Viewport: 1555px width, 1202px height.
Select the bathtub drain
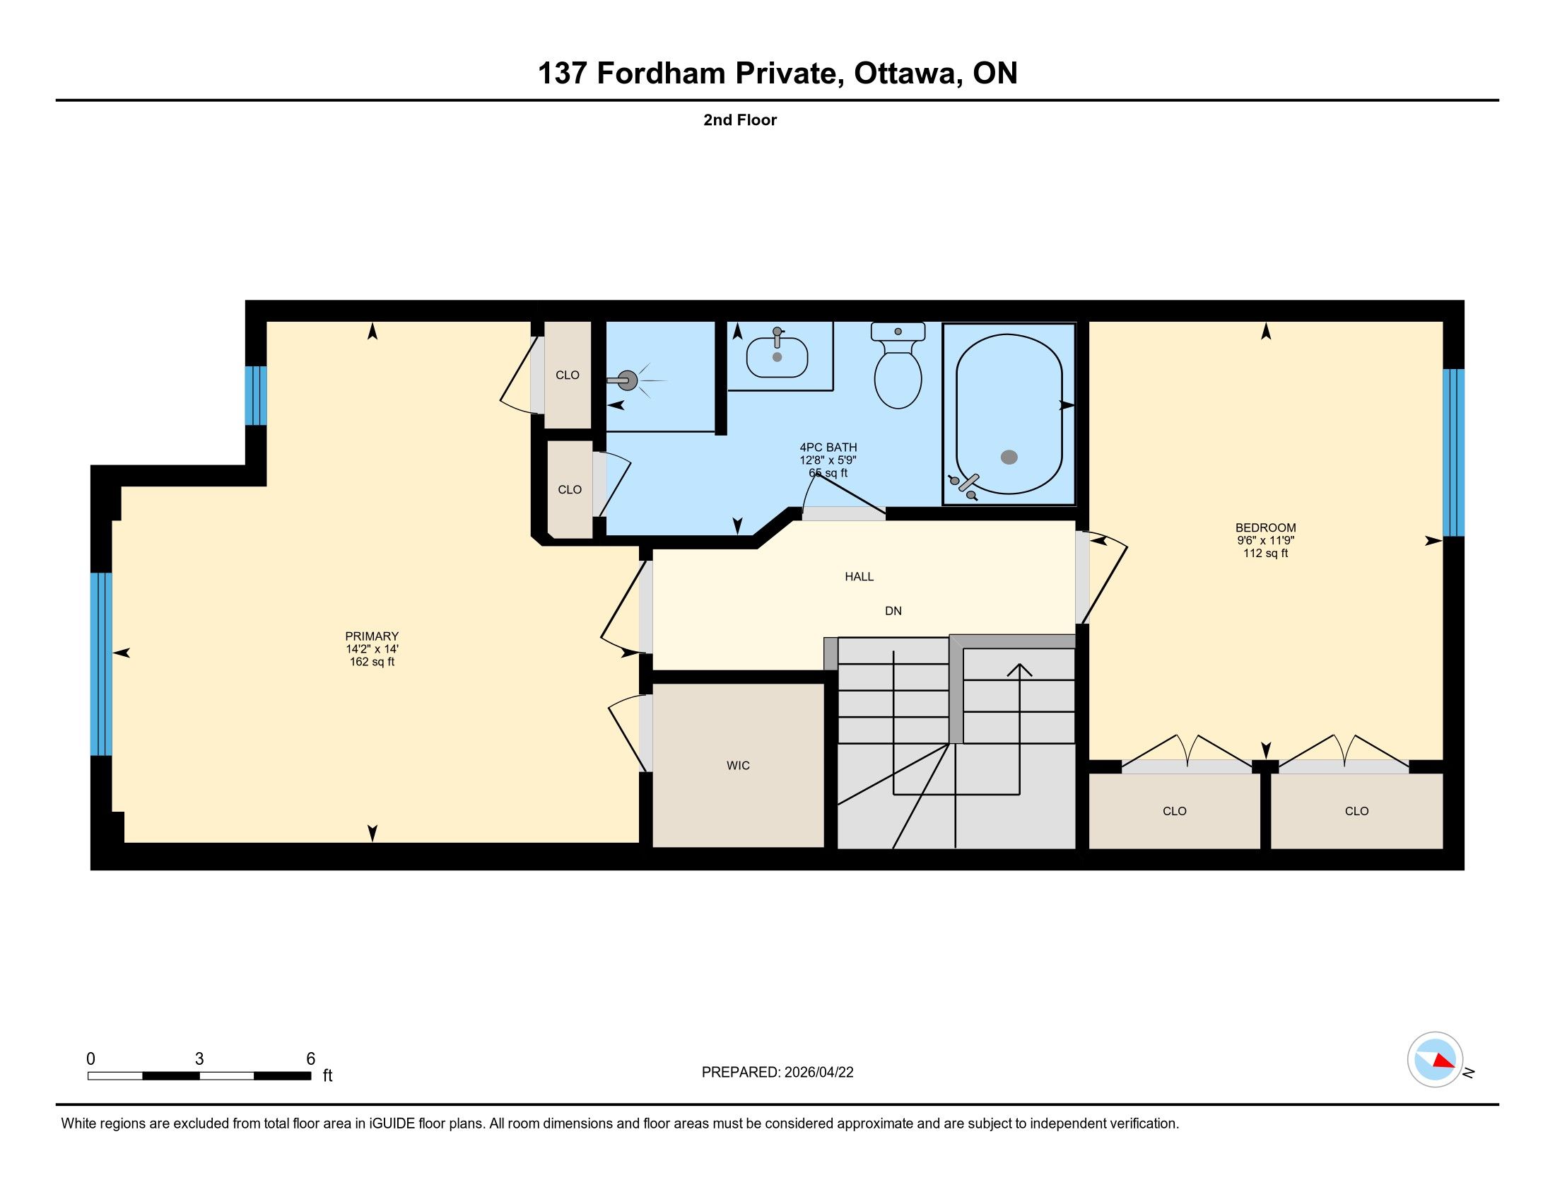click(1009, 457)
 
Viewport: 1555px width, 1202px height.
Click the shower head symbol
click(626, 381)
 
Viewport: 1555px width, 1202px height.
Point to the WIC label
click(739, 766)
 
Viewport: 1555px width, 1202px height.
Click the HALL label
click(859, 577)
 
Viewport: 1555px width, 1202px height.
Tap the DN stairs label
click(893, 611)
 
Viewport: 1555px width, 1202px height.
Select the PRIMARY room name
click(372, 636)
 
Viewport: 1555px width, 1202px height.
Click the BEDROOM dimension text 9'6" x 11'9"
click(1266, 540)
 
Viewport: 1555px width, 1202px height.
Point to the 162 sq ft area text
click(372, 662)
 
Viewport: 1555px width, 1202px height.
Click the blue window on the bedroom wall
click(1453, 453)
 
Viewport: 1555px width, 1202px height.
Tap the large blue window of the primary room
click(101, 664)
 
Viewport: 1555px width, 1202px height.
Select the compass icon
click(1436, 1060)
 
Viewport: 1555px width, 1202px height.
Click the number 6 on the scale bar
click(310, 1059)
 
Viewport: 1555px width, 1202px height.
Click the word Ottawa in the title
click(905, 73)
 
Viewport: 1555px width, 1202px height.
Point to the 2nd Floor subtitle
click(740, 119)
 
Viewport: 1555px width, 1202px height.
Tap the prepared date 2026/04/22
click(818, 1073)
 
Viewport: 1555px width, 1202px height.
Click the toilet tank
click(898, 331)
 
